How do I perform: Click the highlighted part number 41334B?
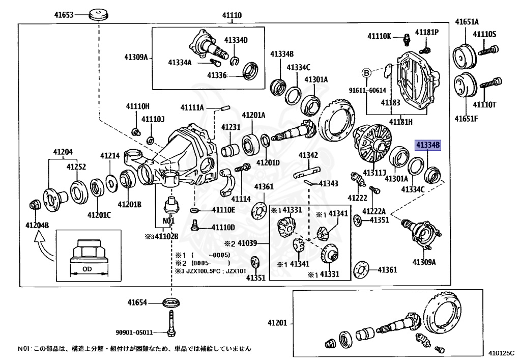(428, 145)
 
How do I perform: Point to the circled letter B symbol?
(366, 73)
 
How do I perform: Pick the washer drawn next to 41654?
(171, 303)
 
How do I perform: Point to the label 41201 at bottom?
(278, 322)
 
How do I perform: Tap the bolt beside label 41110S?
(491, 50)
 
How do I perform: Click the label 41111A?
(192, 107)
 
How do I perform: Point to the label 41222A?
(374, 211)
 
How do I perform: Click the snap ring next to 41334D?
(235, 62)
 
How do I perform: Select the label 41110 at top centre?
(232, 16)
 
